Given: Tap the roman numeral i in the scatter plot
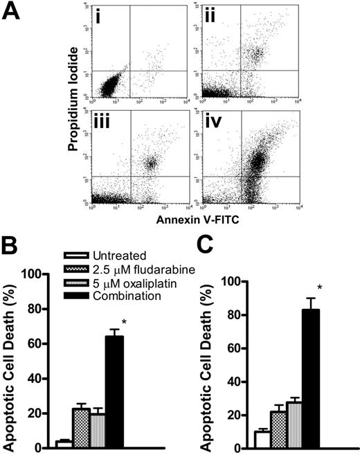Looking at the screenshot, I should click(x=101, y=14).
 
